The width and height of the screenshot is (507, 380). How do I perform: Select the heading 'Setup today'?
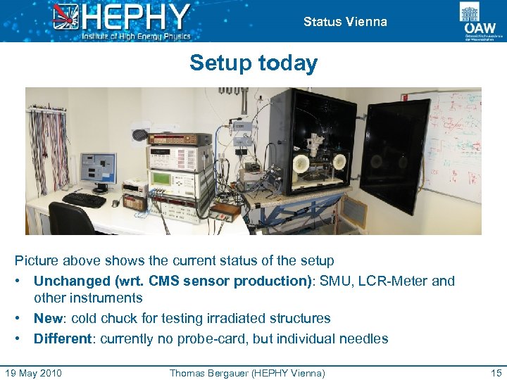click(254, 63)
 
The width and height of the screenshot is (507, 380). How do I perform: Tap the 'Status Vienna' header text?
click(345, 22)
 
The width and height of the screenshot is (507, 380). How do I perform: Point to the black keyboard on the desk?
click(84, 200)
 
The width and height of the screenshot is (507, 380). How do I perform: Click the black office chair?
click(71, 219)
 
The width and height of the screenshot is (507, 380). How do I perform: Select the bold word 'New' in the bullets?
click(48, 318)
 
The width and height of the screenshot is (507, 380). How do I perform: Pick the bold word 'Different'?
click(63, 338)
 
